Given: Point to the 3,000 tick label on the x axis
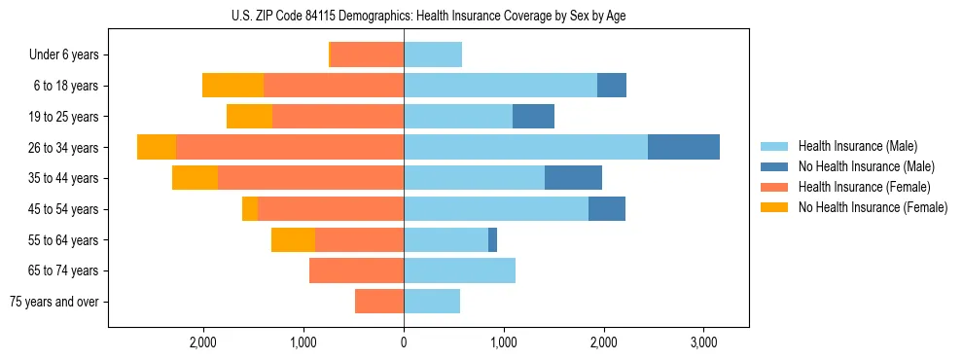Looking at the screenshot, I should (x=703, y=343).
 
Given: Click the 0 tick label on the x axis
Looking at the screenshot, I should (x=404, y=343).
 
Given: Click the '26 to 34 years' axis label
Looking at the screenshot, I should (x=65, y=148).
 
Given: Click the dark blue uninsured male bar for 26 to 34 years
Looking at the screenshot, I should (x=683, y=147).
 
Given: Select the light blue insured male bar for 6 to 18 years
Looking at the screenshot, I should (x=500, y=86).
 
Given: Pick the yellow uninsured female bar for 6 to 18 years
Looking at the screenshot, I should (x=232, y=86).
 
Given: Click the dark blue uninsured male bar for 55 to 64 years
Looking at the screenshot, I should (x=492, y=239).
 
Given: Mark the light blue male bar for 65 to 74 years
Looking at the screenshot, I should (x=459, y=270).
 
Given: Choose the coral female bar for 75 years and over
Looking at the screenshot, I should (x=379, y=302).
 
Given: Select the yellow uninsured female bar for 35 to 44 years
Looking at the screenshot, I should (x=195, y=178).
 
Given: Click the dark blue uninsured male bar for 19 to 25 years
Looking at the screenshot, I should (x=533, y=117).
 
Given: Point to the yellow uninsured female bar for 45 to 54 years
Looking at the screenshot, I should (x=250, y=209).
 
